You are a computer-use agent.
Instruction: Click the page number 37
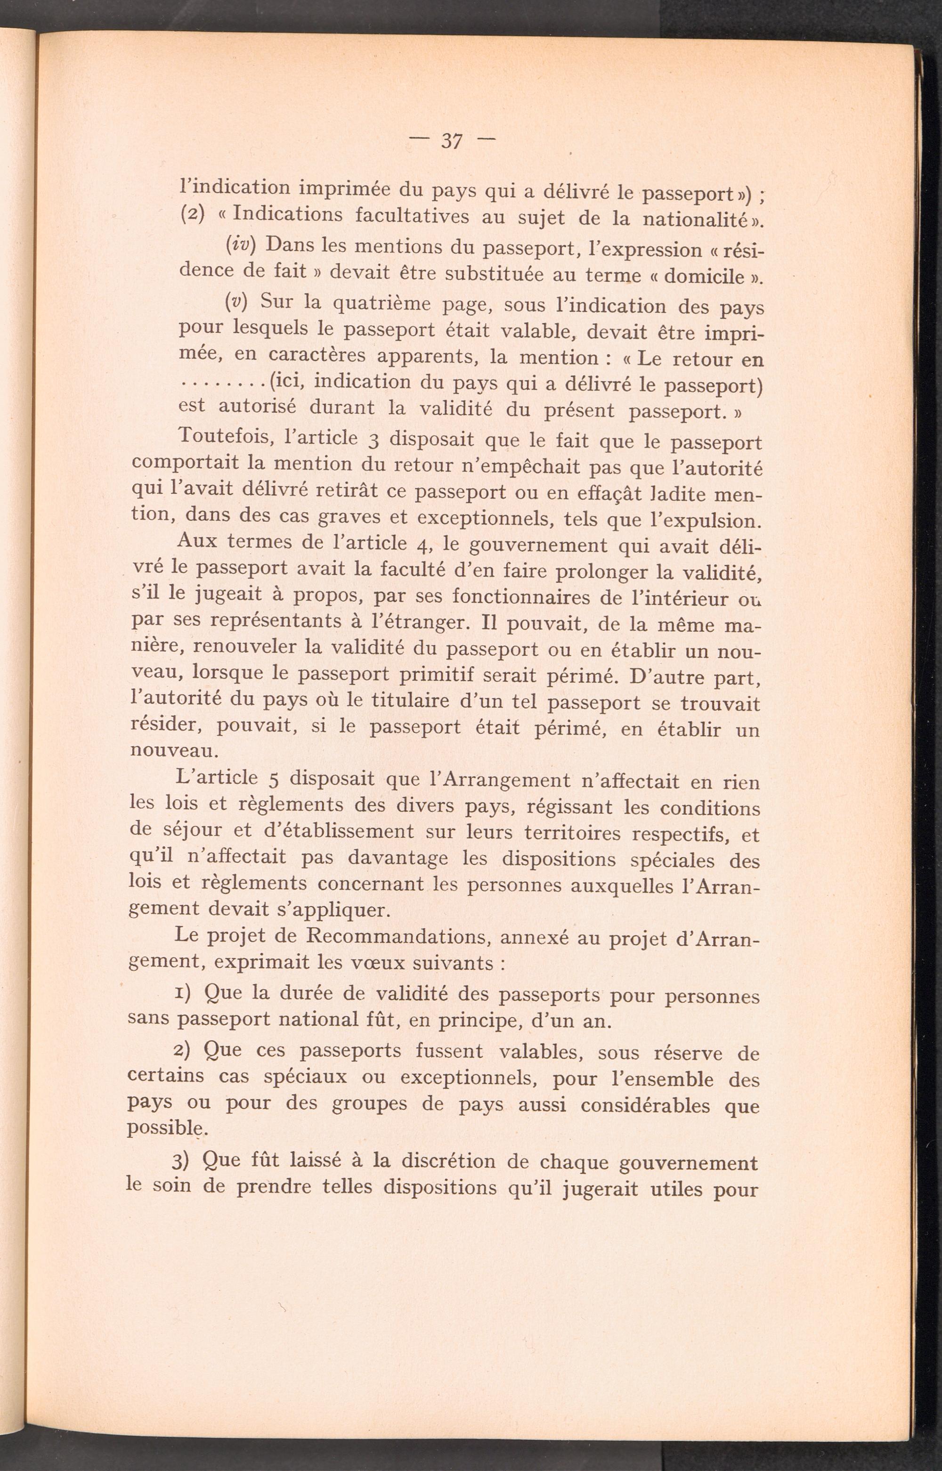[451, 142]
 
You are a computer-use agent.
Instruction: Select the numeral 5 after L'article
[274, 780]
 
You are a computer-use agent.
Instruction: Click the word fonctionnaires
[506, 597]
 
